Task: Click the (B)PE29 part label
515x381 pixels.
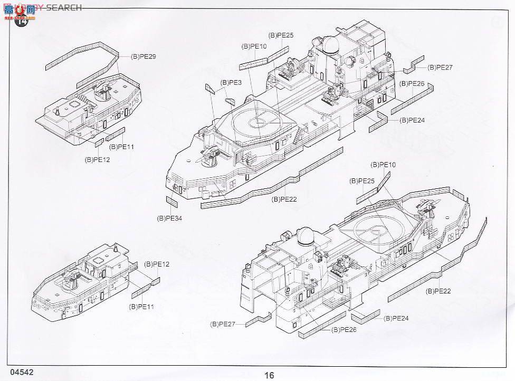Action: pos(143,56)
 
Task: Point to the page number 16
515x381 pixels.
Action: pos(270,375)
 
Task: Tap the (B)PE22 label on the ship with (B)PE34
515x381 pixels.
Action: pos(285,199)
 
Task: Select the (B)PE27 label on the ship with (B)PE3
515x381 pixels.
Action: pos(440,68)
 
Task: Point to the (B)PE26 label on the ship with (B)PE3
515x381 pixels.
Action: pos(412,84)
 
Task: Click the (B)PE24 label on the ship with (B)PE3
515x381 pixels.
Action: pos(412,120)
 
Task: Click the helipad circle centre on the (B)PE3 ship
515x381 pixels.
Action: pos(259,121)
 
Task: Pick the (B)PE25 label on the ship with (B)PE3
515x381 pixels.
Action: pos(281,35)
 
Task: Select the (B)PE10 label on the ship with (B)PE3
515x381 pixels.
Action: pos(254,46)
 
